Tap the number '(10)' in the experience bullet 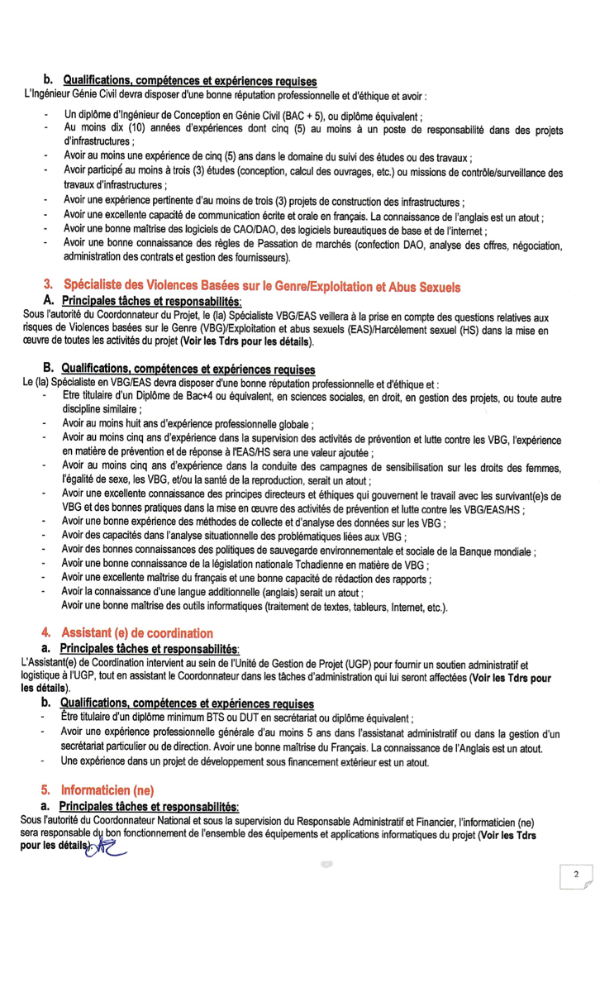[140, 130]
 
